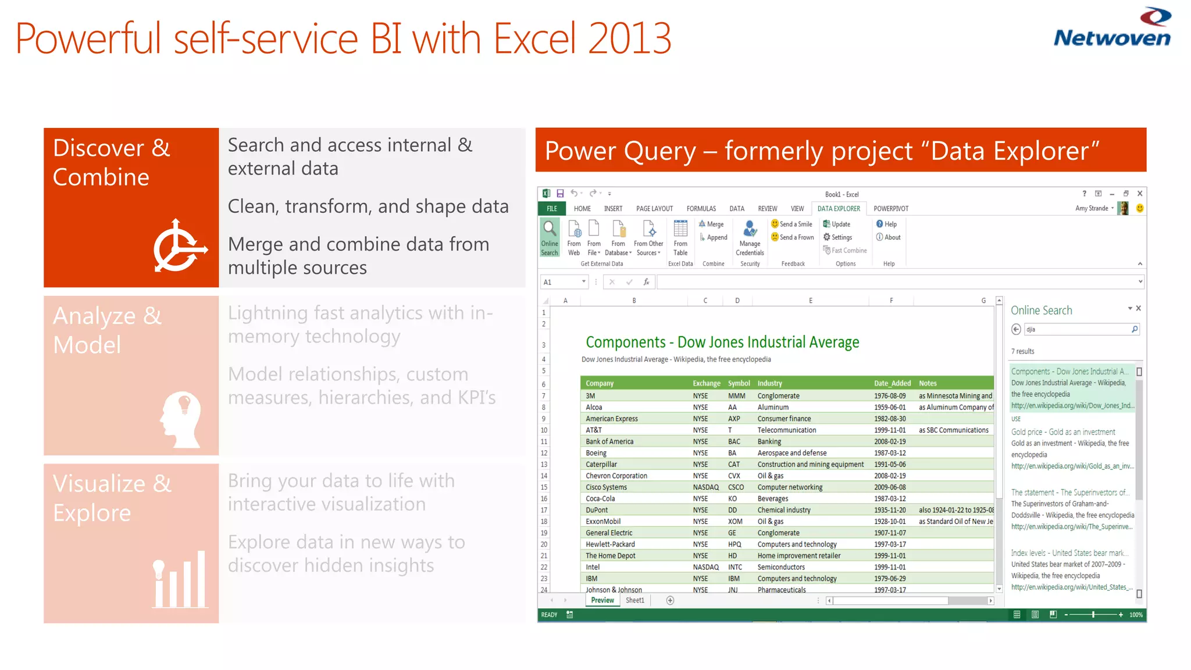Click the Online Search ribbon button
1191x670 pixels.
coord(550,237)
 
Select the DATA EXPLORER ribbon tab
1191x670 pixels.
coord(838,209)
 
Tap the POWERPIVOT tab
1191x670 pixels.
coord(890,209)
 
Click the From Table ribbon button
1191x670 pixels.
coord(680,237)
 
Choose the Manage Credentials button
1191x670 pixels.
coord(750,237)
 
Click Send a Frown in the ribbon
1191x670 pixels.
coord(793,237)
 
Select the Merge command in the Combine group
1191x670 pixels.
coord(712,224)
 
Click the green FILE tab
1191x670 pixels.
coord(552,209)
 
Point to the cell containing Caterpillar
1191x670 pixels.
coord(601,464)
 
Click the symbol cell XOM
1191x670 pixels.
coord(735,522)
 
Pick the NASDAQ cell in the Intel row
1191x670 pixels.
coord(705,567)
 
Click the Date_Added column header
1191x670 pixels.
coord(892,383)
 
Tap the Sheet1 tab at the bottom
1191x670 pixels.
coord(634,600)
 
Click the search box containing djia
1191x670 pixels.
coord(1076,329)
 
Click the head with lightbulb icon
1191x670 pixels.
coord(181,419)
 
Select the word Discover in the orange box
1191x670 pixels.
coord(98,148)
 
